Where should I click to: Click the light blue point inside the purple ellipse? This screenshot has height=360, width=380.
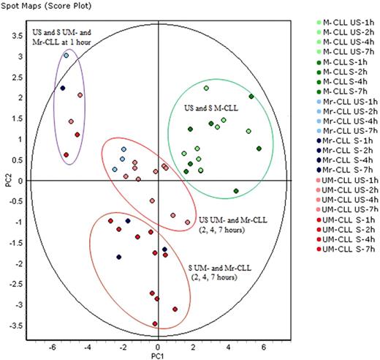[x=66, y=55]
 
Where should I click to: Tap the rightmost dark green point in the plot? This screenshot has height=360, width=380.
[x=259, y=149]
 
